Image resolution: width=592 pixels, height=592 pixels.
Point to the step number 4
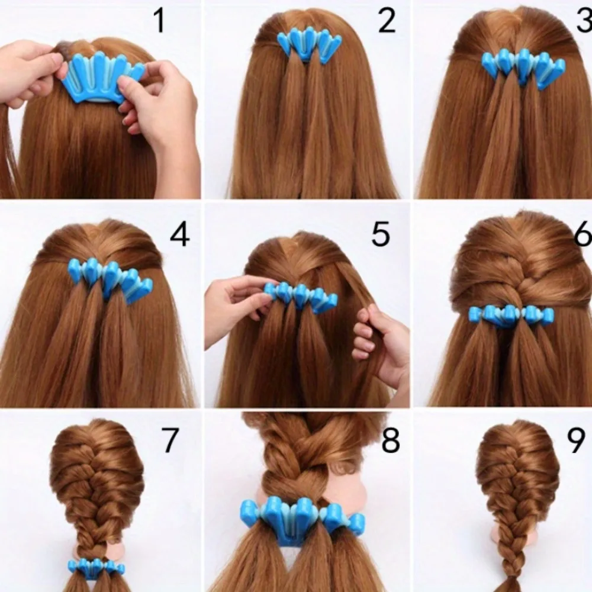179,235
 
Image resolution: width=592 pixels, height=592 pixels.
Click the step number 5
380,235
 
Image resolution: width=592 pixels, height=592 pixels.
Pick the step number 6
583,235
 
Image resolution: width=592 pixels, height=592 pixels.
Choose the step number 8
390,441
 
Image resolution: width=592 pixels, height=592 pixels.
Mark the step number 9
576,441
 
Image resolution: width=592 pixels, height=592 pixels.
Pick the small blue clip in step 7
95,567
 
